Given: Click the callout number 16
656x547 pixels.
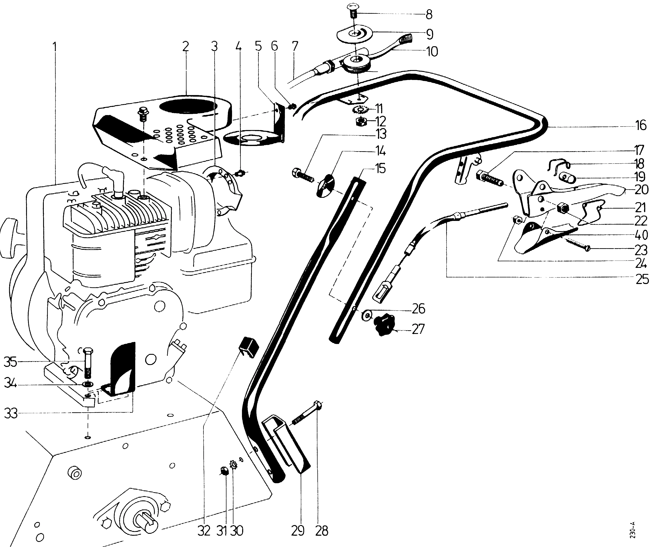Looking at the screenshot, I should pyautogui.click(x=641, y=125).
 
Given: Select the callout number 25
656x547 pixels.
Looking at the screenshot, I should pyautogui.click(x=642, y=279).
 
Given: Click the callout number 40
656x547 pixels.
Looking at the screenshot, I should pyautogui.click(x=641, y=235).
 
